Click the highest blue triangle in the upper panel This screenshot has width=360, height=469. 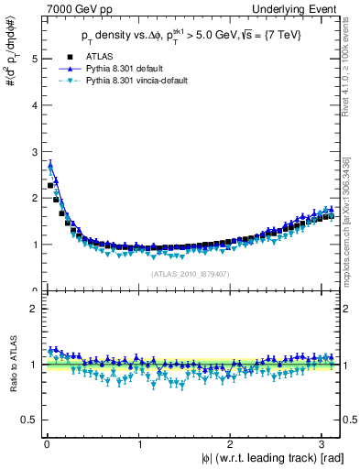tap(50, 165)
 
